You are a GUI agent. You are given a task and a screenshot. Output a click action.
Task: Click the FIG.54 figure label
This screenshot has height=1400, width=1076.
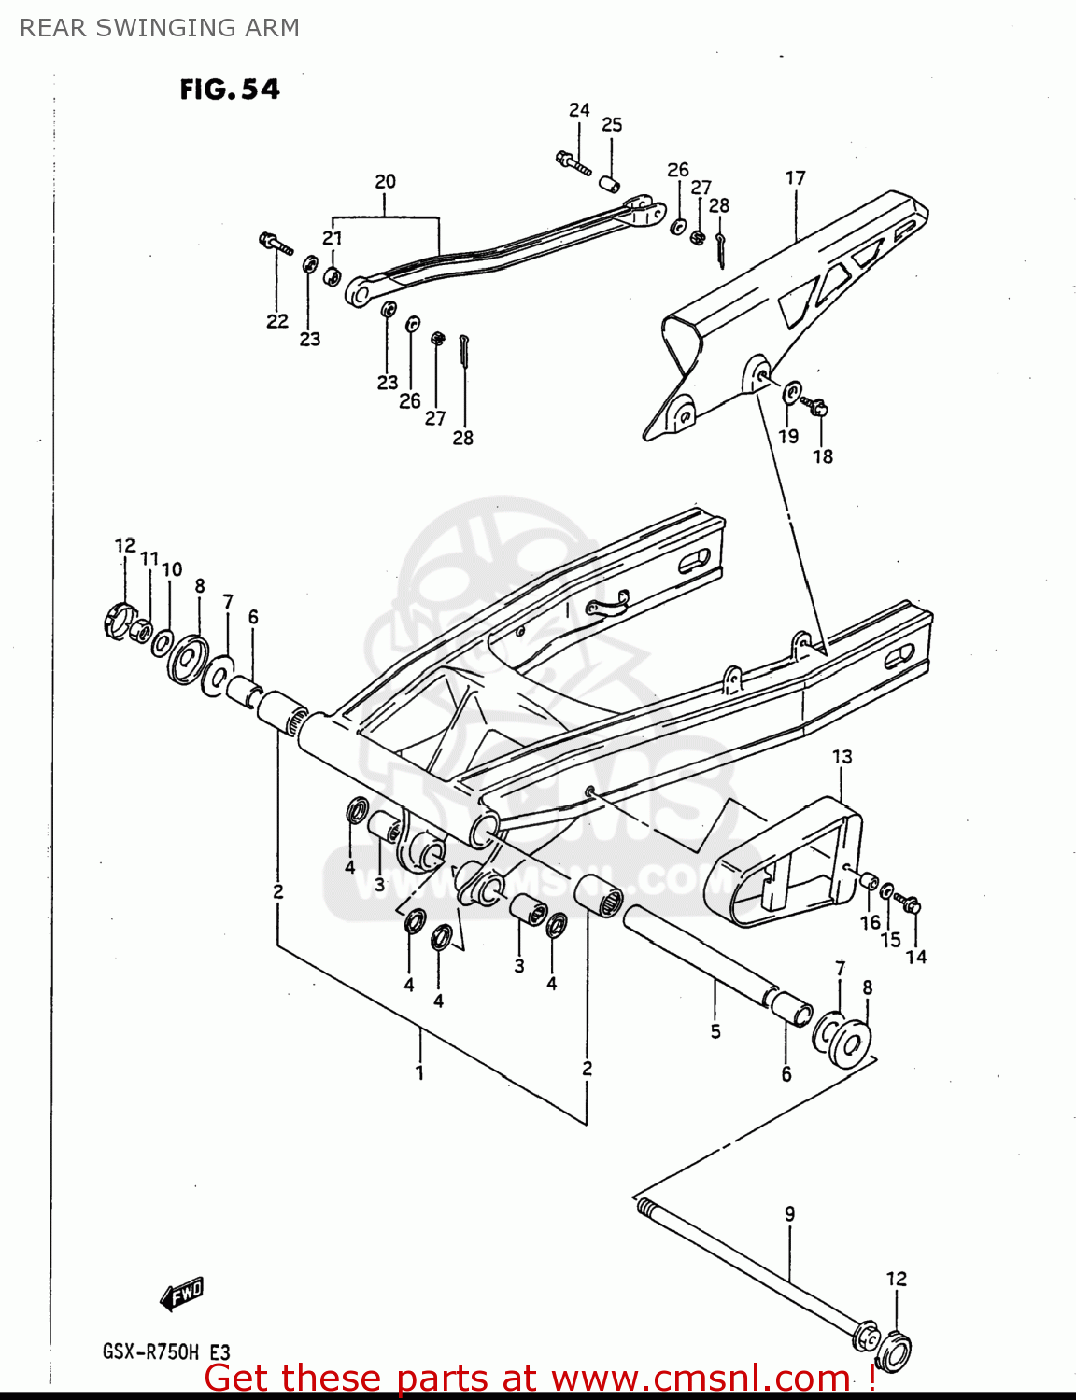click(x=230, y=90)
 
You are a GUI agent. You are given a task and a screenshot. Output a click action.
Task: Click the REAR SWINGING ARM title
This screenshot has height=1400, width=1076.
click(x=160, y=28)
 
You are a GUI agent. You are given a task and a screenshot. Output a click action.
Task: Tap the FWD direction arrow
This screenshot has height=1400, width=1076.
click(x=181, y=1295)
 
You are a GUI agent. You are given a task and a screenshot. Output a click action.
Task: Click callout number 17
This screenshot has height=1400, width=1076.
click(x=795, y=177)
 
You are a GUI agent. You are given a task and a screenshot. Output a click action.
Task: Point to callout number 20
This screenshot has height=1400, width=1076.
click(x=385, y=181)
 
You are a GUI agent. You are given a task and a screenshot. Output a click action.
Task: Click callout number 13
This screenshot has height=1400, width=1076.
click(x=842, y=756)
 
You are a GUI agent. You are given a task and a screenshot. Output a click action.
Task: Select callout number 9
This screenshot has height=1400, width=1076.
click(x=789, y=1213)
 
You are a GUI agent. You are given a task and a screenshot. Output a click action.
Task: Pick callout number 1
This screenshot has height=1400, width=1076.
click(x=419, y=1072)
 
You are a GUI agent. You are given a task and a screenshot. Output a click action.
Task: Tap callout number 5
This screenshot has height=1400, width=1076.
click(x=715, y=1031)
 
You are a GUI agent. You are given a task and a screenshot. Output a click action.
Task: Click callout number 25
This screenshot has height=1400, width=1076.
click(x=612, y=124)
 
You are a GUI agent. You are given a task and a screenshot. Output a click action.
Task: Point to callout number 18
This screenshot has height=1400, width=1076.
click(x=822, y=456)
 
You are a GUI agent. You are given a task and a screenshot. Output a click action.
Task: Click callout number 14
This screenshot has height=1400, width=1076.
click(x=915, y=956)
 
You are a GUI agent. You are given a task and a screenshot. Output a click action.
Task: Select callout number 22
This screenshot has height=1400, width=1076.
click(x=277, y=321)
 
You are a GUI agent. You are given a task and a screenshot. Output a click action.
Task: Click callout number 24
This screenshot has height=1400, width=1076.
click(x=579, y=110)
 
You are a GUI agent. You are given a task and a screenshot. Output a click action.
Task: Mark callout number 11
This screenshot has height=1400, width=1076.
click(x=149, y=558)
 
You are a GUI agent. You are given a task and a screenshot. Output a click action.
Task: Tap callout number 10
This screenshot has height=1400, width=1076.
click(x=172, y=569)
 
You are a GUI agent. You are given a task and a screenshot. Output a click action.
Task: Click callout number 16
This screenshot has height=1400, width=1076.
click(x=870, y=922)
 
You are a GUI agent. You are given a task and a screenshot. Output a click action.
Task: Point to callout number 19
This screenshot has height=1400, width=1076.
click(x=788, y=436)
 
